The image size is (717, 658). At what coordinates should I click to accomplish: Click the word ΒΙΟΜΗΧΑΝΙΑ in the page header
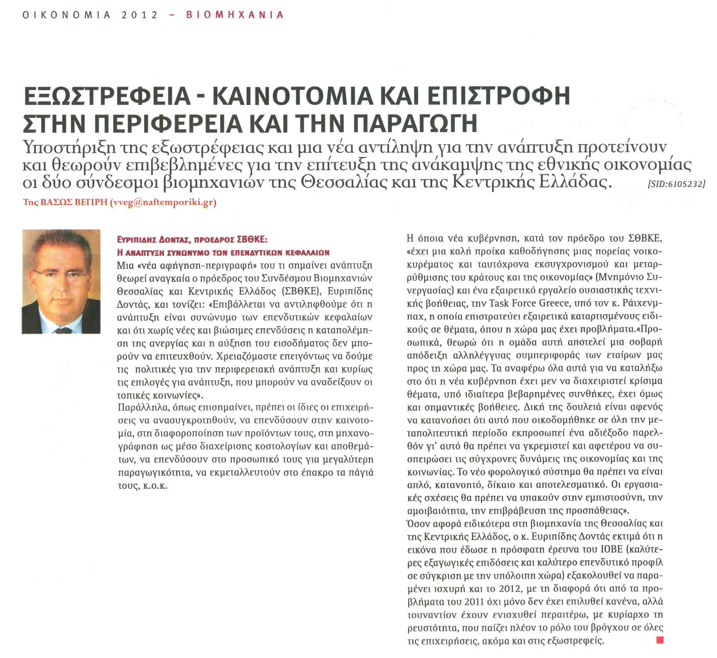pos(235,15)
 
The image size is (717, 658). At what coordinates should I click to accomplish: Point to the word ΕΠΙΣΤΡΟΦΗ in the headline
pos(498,96)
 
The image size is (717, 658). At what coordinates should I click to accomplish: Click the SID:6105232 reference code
pos(676,184)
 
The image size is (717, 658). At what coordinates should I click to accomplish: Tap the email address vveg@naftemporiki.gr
pos(163,202)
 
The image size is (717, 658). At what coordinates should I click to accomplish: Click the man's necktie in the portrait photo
pos(63,330)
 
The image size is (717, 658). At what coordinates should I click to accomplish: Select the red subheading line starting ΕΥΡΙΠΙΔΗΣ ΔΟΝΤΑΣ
pos(192,239)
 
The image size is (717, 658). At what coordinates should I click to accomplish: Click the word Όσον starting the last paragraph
pos(417,524)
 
